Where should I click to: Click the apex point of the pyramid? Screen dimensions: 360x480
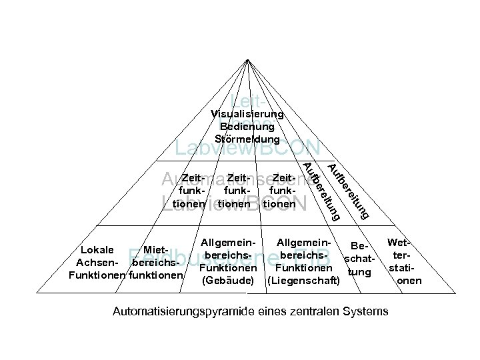tap(247, 59)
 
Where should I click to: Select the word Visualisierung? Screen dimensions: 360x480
tap(247, 115)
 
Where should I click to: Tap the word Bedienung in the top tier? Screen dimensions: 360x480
tap(247, 127)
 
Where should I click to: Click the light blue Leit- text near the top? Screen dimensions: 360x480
tap(247, 102)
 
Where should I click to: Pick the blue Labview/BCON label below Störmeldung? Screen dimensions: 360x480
tap(247, 149)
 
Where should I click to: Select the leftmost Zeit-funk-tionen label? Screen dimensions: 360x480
tap(185, 191)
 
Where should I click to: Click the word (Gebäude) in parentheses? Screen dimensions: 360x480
tap(227, 281)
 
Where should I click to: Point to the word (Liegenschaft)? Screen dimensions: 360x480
tap(303, 281)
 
